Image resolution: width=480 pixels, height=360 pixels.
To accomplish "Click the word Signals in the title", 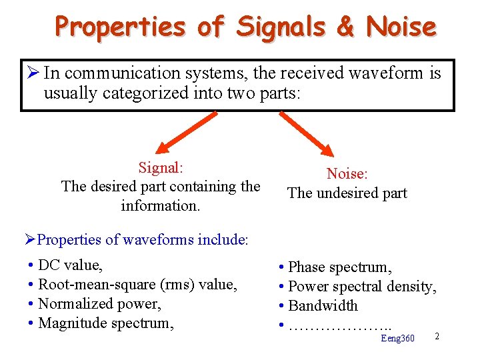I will tap(280, 27).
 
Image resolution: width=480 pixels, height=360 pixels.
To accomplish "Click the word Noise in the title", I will tap(401, 27).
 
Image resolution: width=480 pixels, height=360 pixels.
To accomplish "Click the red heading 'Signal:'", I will tap(161, 167).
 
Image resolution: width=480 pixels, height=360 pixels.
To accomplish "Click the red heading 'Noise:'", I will tap(347, 173).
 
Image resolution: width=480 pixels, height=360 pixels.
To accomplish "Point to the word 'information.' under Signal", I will tap(161, 205).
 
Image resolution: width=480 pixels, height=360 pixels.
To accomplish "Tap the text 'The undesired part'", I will tap(347, 193).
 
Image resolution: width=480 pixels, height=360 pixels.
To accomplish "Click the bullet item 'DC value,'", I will tap(70, 265).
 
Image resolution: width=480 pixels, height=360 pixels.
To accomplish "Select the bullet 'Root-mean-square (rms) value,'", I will tap(137, 285).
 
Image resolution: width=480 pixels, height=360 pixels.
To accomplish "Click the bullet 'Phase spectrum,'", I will tap(339, 267).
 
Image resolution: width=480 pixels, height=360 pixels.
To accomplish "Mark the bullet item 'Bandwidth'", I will tap(323, 306).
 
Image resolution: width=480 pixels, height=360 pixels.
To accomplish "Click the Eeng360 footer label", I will tap(397, 339).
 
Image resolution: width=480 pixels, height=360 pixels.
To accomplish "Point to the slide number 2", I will tap(437, 336).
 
